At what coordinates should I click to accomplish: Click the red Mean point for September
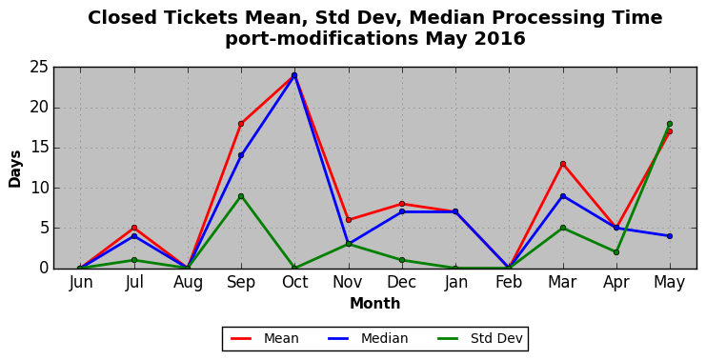[x=241, y=124]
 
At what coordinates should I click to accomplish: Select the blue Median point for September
[x=241, y=155]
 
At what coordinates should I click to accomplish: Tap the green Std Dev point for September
[x=241, y=196]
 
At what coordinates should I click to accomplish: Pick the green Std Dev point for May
[x=670, y=124]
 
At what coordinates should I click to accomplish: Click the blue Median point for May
[x=670, y=236]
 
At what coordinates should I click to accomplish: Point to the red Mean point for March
[x=563, y=164]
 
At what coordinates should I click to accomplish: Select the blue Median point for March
[x=563, y=196]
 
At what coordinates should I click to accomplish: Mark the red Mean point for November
[x=349, y=220]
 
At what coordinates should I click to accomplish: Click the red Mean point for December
[x=402, y=204]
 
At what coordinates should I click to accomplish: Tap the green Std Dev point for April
[x=615, y=252]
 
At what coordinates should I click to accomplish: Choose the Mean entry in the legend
[x=264, y=338]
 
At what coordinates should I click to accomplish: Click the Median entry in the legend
[x=368, y=338]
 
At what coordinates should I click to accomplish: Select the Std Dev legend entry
[x=480, y=338]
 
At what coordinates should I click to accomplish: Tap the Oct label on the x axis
[x=295, y=282]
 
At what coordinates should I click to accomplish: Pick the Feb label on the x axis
[x=509, y=282]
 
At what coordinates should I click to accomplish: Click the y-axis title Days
[x=15, y=169]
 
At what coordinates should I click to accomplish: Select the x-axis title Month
[x=375, y=303]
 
